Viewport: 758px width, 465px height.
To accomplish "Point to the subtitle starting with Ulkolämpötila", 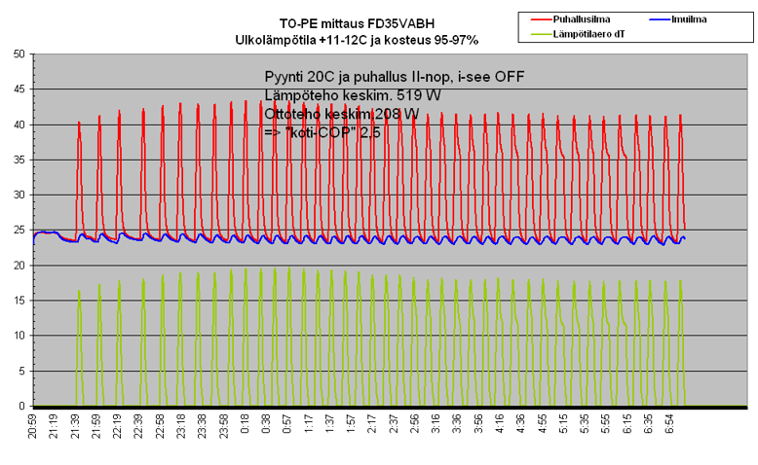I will coord(358,39).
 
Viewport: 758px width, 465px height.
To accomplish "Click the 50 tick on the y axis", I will coord(19,54).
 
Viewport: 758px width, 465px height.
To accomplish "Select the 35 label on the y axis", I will coord(19,160).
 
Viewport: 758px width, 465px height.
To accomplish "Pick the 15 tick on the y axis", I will coord(19,301).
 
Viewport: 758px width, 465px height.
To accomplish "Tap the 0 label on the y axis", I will coord(21,406).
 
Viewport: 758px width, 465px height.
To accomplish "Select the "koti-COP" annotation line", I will coord(322,131).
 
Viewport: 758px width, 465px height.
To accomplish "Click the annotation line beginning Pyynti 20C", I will coord(381,77).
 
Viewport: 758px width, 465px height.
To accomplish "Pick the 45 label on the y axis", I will coord(19,89).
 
